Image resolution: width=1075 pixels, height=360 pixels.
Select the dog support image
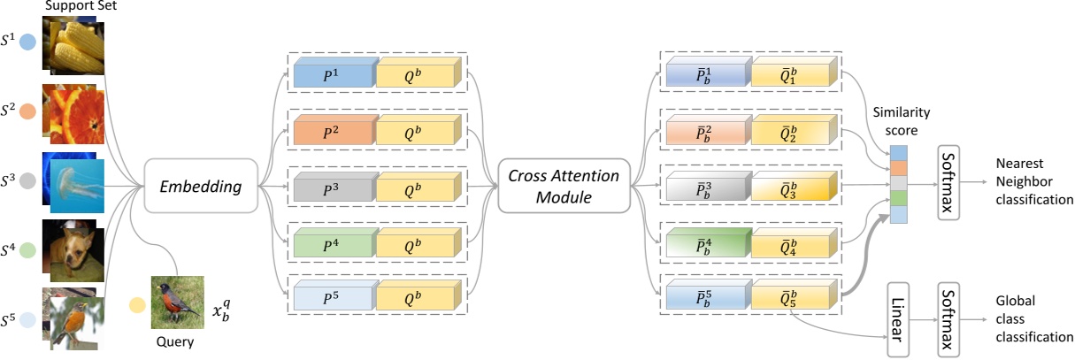(75, 248)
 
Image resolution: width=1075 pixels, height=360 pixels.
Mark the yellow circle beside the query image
(137, 306)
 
